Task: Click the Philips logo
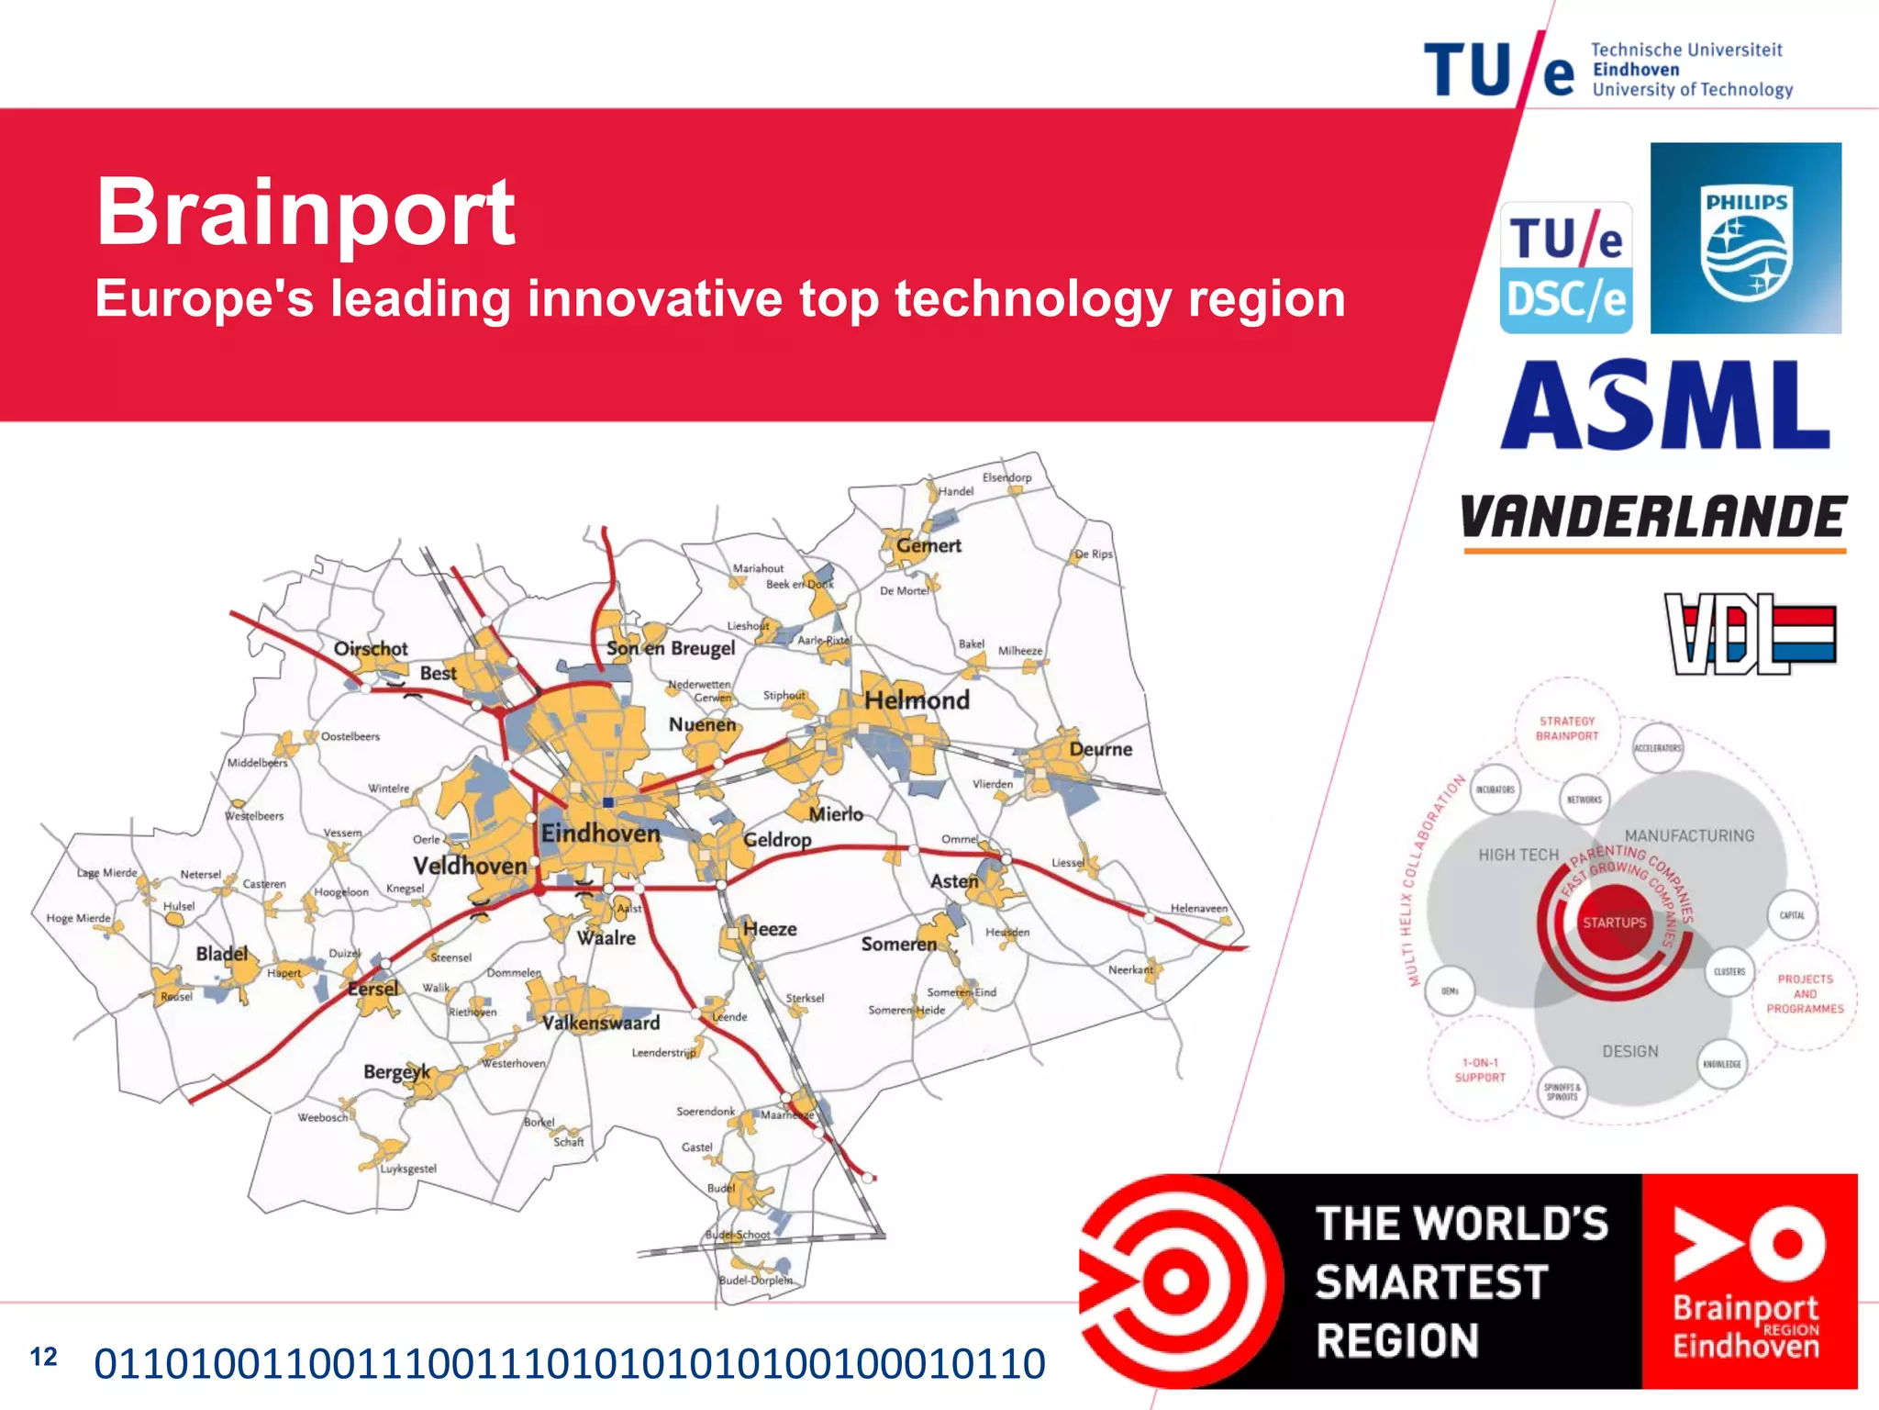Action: coord(1745,239)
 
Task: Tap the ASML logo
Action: coord(1665,405)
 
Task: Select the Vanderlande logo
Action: coord(1653,519)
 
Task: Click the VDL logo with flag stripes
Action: coord(1751,633)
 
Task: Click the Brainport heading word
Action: coord(306,212)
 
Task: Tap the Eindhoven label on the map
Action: coord(600,834)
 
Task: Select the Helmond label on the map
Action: coord(917,700)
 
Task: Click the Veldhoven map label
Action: coord(470,866)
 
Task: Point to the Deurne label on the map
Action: coord(1100,749)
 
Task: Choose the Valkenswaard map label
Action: coord(601,1023)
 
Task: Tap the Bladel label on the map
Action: coord(222,954)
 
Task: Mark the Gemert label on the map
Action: coord(928,545)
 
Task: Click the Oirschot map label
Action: coord(371,649)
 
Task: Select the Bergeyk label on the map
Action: coord(396,1071)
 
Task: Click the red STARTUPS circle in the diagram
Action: coord(1614,923)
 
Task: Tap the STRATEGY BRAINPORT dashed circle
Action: coord(1567,729)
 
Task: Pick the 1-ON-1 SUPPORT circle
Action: coord(1480,1070)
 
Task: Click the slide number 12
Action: coord(43,1357)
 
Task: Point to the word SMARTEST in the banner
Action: coord(1431,1282)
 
